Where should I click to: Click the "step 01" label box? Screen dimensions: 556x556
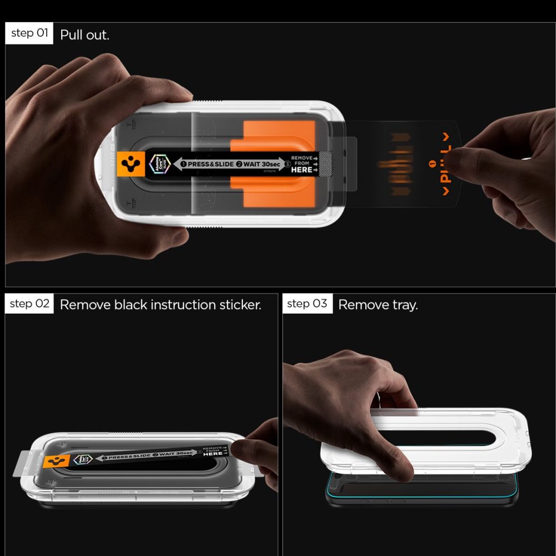click(x=29, y=33)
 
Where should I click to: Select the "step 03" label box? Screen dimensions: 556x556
click(x=307, y=304)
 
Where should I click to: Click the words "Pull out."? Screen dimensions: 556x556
click(x=85, y=35)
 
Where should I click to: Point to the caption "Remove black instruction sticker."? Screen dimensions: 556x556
click(x=160, y=305)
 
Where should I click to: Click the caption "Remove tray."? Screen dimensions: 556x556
click(x=378, y=305)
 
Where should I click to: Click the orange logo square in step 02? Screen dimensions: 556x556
click(x=58, y=460)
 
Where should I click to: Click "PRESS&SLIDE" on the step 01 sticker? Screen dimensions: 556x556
click(x=211, y=165)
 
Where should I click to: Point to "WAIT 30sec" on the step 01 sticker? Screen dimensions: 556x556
click(x=260, y=165)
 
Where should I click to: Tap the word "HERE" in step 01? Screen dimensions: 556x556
click(x=301, y=170)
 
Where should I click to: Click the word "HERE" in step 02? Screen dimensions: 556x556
click(x=213, y=454)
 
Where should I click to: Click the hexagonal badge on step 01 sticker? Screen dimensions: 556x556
click(x=158, y=165)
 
